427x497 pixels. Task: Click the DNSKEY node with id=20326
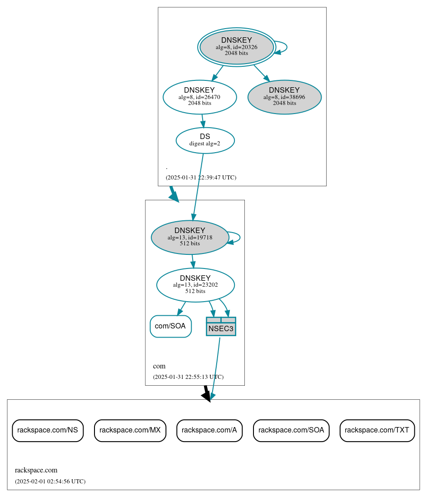click(236, 47)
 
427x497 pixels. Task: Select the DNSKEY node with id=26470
click(199, 96)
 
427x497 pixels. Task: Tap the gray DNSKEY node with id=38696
click(284, 97)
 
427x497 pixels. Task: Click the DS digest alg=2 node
click(205, 140)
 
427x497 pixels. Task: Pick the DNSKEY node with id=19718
click(189, 237)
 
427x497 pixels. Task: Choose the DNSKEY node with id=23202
click(195, 285)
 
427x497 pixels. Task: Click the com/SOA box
click(170, 326)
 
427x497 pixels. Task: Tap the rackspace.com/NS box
click(48, 430)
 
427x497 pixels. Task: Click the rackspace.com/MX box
click(130, 430)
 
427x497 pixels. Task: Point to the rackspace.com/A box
click(209, 430)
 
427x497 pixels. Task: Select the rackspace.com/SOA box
click(291, 430)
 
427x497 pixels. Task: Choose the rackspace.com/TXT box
click(377, 430)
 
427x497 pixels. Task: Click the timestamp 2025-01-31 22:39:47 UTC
click(201, 178)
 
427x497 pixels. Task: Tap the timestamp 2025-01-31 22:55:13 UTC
click(188, 377)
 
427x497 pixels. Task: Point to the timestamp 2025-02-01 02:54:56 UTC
click(50, 482)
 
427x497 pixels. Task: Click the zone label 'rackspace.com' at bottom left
click(36, 470)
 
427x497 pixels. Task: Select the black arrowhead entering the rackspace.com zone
click(207, 397)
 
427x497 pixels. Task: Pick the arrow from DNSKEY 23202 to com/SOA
click(181, 308)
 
